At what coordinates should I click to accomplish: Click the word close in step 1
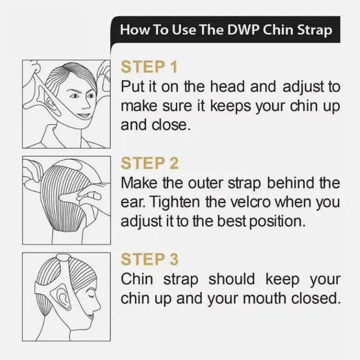pyautogui.click(x=173, y=124)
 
